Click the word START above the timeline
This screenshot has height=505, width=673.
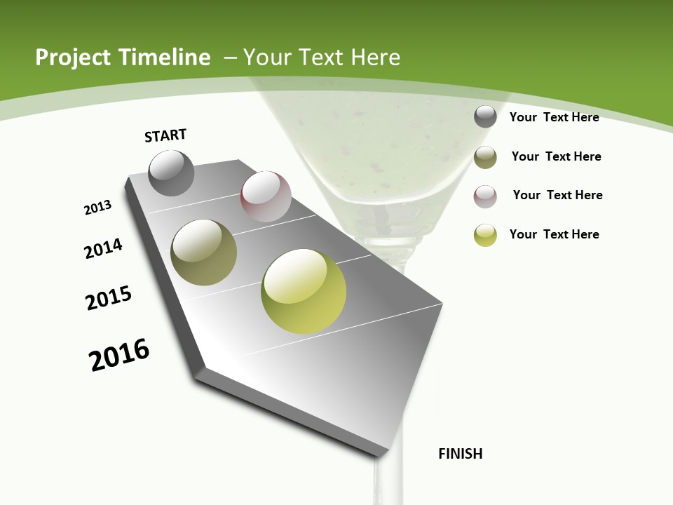pyautogui.click(x=165, y=135)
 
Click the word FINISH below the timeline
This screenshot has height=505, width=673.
pyautogui.click(x=460, y=454)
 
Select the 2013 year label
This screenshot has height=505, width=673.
pyautogui.click(x=97, y=208)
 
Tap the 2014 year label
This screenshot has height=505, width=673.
pyautogui.click(x=103, y=248)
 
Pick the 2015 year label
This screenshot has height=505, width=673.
pyautogui.click(x=109, y=298)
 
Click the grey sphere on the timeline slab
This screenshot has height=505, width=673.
pyautogui.click(x=172, y=173)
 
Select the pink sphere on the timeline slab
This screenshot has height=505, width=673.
pyautogui.click(x=266, y=196)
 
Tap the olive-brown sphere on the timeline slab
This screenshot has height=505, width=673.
pyautogui.click(x=204, y=252)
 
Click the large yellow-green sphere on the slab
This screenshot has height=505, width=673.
pyautogui.click(x=304, y=291)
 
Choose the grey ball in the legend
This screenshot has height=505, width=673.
pyautogui.click(x=485, y=116)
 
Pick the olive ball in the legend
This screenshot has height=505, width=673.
pyautogui.click(x=485, y=157)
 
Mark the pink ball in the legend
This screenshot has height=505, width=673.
pyautogui.click(x=485, y=196)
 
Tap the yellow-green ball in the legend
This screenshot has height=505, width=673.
pyautogui.click(x=485, y=235)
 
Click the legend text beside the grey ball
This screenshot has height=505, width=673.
pyautogui.click(x=554, y=117)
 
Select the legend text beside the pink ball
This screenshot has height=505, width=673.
pyautogui.click(x=557, y=195)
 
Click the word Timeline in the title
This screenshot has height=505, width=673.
pyautogui.click(x=165, y=58)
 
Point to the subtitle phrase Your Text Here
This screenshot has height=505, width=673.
pyautogui.click(x=322, y=58)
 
